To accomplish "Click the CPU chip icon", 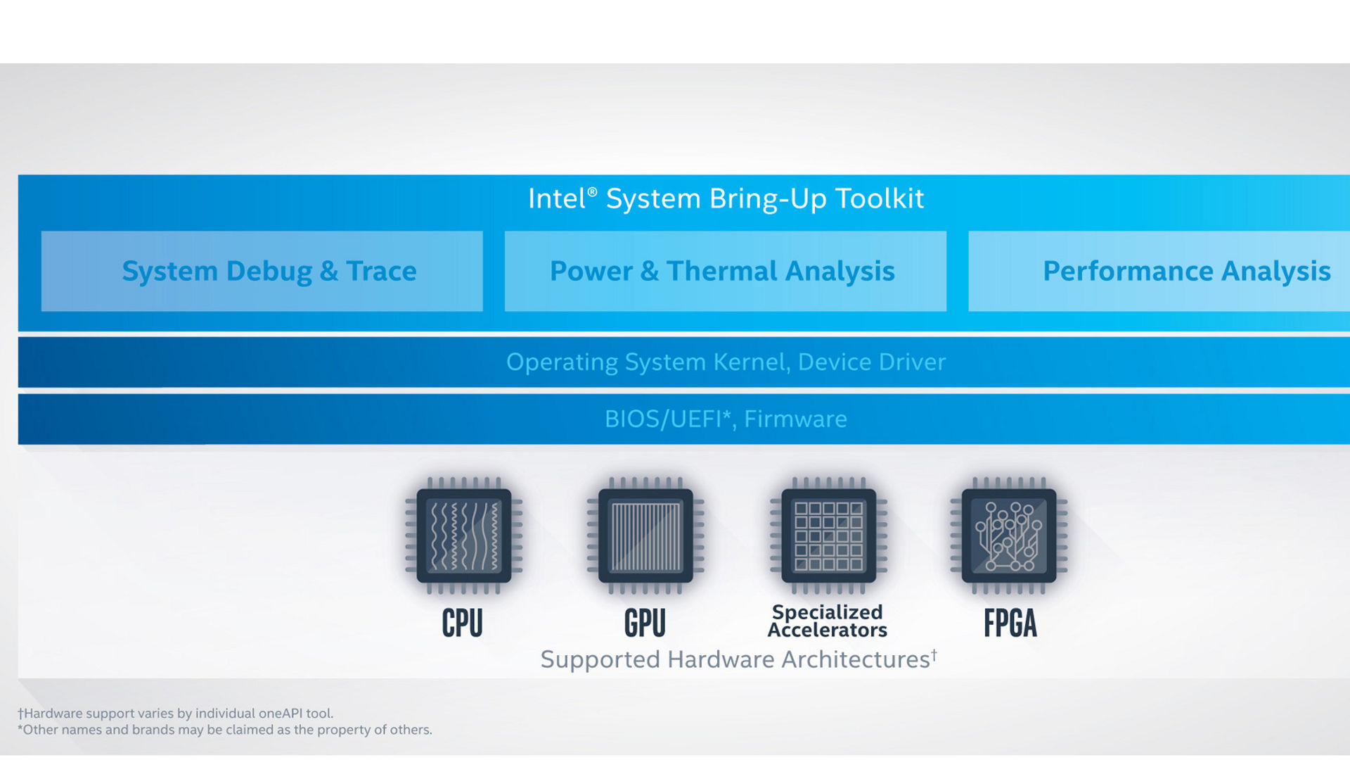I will [x=464, y=536].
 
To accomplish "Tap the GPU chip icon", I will [x=645, y=536].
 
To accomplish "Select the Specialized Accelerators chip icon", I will [x=828, y=536].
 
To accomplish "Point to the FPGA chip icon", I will [x=1009, y=536].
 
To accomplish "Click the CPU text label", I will [x=462, y=623].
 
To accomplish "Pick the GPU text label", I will [x=645, y=623].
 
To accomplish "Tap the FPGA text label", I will [x=1010, y=623].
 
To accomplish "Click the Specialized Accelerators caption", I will [x=827, y=621].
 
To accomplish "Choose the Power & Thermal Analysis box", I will [x=725, y=272].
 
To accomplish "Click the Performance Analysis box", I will [x=1167, y=272].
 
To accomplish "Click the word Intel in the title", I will [x=556, y=199].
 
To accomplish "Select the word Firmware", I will [x=795, y=419].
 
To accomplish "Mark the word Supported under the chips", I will [x=600, y=660].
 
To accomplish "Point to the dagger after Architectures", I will [x=934, y=654].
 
